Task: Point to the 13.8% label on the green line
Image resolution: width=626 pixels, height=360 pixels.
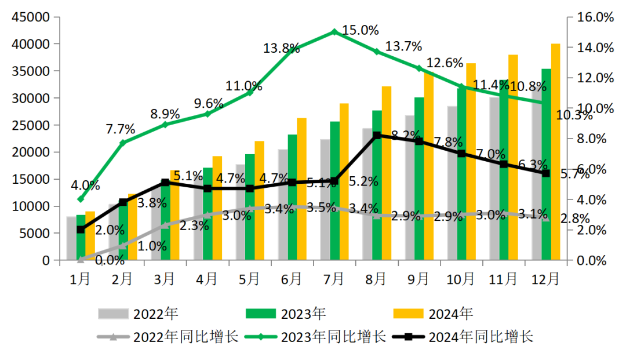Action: (x=281, y=49)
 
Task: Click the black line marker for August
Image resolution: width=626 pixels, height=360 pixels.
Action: (x=377, y=135)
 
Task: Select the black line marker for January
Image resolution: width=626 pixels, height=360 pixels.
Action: (x=81, y=230)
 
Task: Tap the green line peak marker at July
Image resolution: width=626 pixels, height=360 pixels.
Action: (x=334, y=31)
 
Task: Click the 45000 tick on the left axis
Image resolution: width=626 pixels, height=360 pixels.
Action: (x=31, y=17)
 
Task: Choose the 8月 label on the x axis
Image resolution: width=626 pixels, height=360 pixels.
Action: (x=377, y=279)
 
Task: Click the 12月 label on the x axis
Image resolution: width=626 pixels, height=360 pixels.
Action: (x=546, y=279)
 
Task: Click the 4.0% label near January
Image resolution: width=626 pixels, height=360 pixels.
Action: (x=85, y=186)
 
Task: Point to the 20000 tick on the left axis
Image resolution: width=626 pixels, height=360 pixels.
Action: (x=31, y=152)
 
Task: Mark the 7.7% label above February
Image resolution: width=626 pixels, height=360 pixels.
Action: (x=121, y=128)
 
